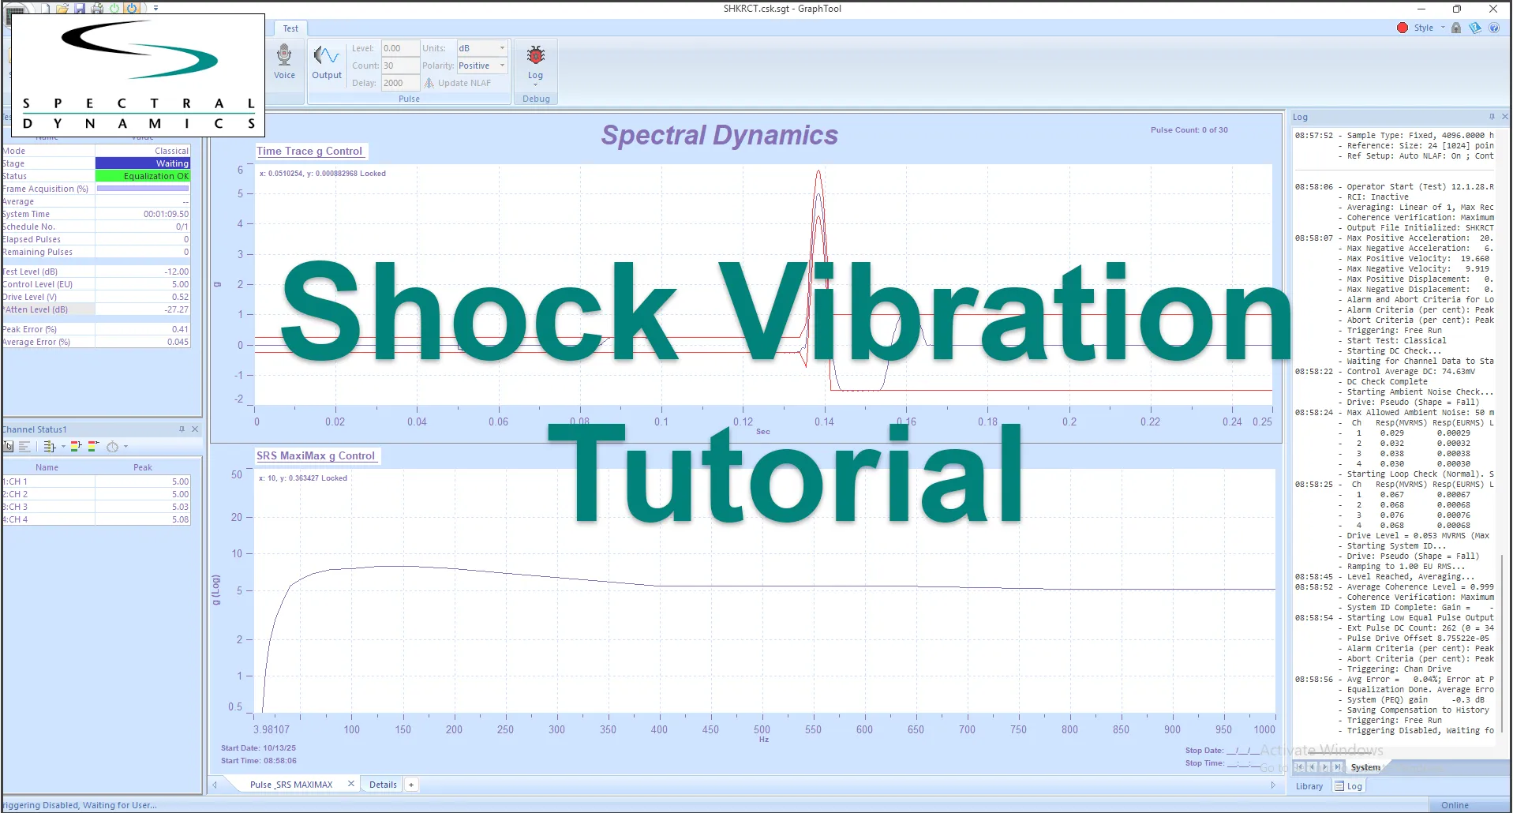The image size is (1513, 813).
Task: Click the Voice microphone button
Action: (x=284, y=62)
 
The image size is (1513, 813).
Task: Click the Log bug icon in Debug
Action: (x=536, y=62)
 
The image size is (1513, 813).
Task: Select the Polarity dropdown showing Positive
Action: (x=481, y=66)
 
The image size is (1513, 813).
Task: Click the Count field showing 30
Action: (x=399, y=66)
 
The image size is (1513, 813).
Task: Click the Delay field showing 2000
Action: (x=399, y=83)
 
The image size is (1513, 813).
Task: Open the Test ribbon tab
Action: (x=290, y=28)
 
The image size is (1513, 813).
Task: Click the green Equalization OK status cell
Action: (x=143, y=176)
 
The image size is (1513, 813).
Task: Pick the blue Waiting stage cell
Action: (x=143, y=163)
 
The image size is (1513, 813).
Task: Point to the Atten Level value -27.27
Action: (x=176, y=309)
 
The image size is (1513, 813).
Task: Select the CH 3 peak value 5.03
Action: (x=180, y=507)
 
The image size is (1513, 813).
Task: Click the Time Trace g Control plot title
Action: (x=309, y=151)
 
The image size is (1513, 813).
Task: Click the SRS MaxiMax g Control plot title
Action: (x=316, y=455)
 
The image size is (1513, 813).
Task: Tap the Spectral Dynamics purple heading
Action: (x=719, y=135)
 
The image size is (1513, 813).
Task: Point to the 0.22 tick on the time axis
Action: (x=1150, y=421)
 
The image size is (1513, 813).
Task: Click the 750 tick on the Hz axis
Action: (x=1018, y=729)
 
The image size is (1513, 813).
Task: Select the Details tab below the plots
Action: (x=383, y=785)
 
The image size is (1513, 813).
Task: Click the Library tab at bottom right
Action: (x=1309, y=786)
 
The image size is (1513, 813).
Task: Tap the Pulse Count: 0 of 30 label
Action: (x=1189, y=130)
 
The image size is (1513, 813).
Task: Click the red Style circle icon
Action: (x=1403, y=28)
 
